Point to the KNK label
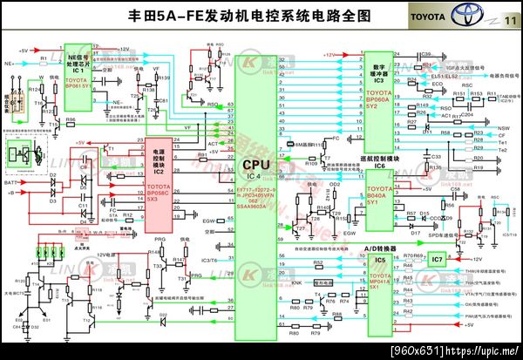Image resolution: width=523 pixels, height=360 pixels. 296,282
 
